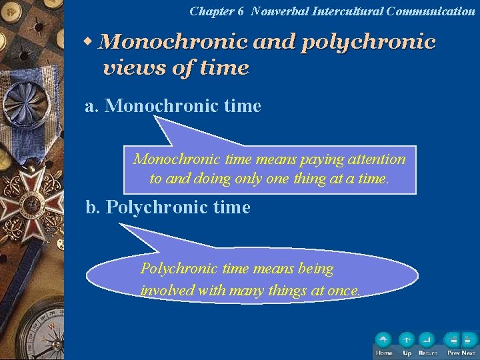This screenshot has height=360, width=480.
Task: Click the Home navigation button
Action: point(383,341)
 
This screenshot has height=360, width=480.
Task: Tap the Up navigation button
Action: point(407,341)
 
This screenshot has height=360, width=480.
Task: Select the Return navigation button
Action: point(427,341)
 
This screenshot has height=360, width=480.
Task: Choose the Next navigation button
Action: point(469,341)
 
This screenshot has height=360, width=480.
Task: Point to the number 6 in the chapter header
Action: point(241,11)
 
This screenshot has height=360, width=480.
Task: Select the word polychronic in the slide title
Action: point(369,43)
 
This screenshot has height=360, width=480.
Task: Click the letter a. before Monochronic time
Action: point(91,106)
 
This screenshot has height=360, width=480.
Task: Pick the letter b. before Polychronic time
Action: point(93,207)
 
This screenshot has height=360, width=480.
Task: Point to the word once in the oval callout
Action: point(344,291)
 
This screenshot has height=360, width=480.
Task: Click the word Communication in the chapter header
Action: point(431,11)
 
